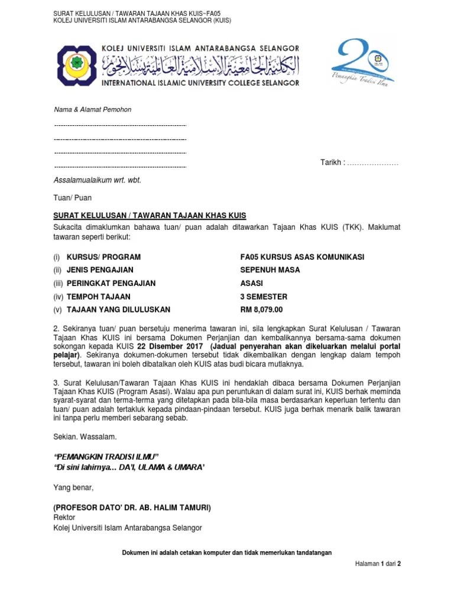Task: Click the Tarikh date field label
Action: pos(332,162)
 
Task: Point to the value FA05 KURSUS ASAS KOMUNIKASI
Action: pos(302,257)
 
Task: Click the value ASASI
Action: pos(251,283)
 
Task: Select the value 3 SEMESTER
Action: pos(264,297)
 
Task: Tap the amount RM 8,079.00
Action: pos(261,310)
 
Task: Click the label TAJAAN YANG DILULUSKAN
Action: pos(118,310)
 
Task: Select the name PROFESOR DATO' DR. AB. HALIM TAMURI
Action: pos(132,508)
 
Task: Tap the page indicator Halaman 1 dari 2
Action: pos(377,564)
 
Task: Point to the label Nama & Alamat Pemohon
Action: pos(92,110)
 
